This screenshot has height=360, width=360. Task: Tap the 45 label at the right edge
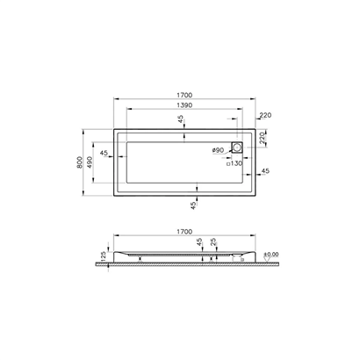(264, 170)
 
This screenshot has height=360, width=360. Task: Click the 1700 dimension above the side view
(184, 232)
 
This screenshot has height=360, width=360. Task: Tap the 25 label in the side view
(213, 241)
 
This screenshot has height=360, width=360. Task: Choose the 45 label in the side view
(199, 241)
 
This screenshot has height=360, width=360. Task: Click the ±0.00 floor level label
(270, 254)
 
